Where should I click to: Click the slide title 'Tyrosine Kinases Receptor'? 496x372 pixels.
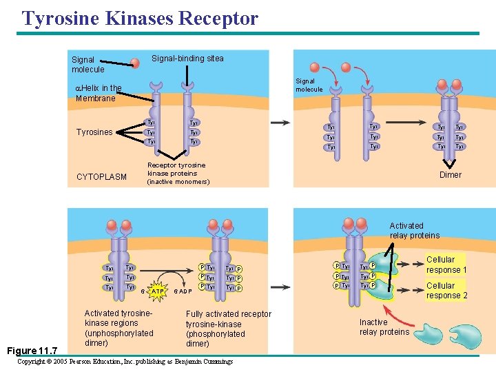[x=140, y=18]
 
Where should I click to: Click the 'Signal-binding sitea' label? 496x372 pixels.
[x=187, y=59]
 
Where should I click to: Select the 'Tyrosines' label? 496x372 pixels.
[x=94, y=132]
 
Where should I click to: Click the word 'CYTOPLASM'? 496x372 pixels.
[x=101, y=177]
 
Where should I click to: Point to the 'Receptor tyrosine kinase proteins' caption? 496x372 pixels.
[x=176, y=174]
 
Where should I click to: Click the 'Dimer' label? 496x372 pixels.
[x=451, y=175]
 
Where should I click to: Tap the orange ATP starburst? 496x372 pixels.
[x=158, y=291]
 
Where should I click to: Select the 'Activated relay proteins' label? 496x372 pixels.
[x=414, y=231]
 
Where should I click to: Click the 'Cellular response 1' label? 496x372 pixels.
[x=446, y=265]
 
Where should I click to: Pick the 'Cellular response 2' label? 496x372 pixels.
[x=446, y=291]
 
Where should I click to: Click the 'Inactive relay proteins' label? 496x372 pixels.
[x=384, y=327]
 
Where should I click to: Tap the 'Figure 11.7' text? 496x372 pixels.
[x=34, y=350]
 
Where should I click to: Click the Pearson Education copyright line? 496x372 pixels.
[x=125, y=362]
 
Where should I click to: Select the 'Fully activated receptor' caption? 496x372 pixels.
[x=228, y=329]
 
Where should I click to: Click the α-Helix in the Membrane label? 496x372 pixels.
[x=98, y=93]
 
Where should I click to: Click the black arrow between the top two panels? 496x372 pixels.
[x=280, y=123]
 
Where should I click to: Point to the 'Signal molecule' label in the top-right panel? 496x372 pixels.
[x=309, y=85]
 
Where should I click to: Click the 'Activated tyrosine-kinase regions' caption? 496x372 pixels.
[x=118, y=328]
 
